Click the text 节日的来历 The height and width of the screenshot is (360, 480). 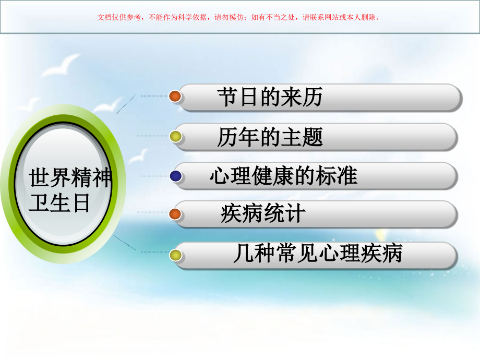point(270,97)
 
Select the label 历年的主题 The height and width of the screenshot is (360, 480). point(270,137)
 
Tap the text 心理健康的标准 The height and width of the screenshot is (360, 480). point(283,176)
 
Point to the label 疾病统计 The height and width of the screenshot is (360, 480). point(263,214)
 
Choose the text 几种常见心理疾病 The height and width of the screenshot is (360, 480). point(317,255)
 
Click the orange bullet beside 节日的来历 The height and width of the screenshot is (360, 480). point(175,96)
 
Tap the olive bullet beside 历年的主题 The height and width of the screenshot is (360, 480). point(176,137)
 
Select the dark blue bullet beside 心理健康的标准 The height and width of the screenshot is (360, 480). point(176,176)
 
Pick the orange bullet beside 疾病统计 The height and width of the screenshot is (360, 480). point(175,214)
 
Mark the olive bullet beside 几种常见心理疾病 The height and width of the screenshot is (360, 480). point(176,255)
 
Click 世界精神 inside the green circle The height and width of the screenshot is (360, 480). point(70,178)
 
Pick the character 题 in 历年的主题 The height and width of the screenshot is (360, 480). point(313,137)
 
